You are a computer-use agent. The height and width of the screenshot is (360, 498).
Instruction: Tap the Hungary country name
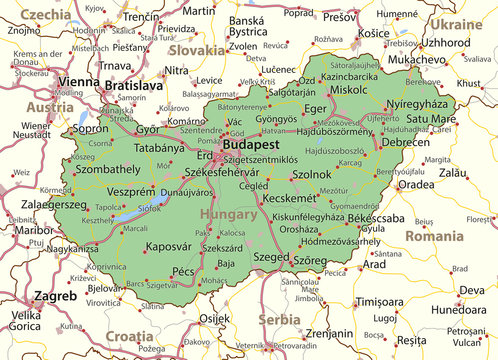[229, 214]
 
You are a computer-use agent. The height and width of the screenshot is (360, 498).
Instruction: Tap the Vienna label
[78, 81]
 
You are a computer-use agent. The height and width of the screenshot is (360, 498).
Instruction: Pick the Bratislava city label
[133, 87]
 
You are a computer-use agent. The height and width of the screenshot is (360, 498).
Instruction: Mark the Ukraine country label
[455, 24]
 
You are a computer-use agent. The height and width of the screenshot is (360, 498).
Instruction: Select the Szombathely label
[108, 171]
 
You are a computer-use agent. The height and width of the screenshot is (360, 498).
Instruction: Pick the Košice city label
[373, 33]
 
